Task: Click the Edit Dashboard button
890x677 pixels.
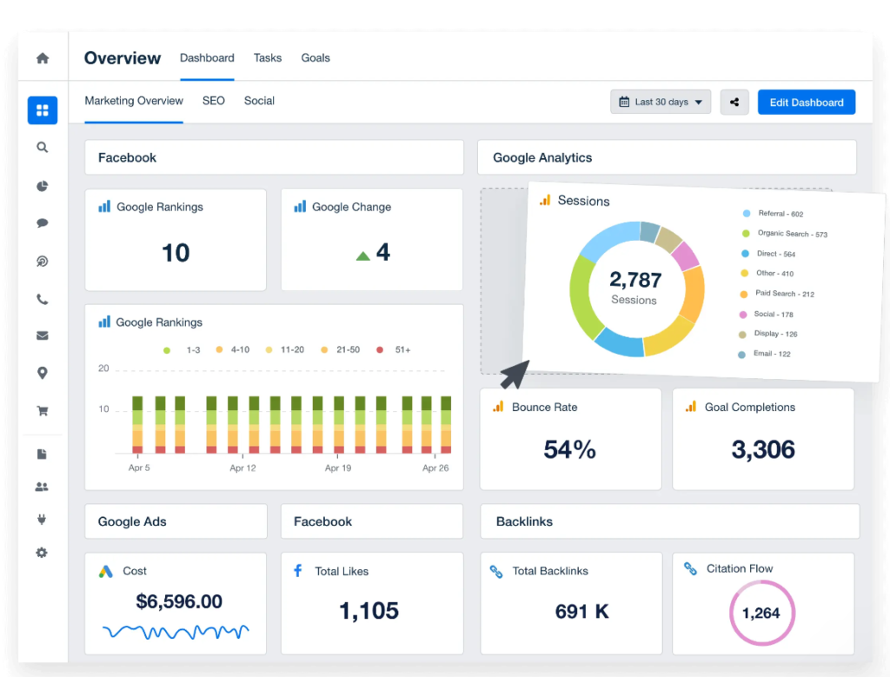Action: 806,103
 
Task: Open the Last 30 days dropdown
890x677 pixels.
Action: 661,103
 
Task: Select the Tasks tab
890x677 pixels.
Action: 268,58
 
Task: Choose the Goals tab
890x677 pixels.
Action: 315,58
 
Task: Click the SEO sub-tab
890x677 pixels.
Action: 214,101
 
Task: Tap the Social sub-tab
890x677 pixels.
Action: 259,101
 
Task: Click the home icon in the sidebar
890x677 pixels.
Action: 43,58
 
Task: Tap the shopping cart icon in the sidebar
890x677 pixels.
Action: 42,411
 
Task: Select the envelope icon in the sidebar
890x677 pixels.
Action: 42,336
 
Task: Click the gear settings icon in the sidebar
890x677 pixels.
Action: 42,553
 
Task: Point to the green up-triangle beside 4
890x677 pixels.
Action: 363,256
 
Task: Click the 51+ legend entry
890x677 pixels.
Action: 395,349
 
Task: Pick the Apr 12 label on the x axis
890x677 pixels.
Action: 243,468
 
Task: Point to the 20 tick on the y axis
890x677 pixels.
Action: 103,368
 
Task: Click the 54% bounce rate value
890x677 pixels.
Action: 569,449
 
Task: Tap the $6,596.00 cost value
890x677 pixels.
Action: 179,601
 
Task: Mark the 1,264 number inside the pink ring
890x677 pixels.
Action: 760,614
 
